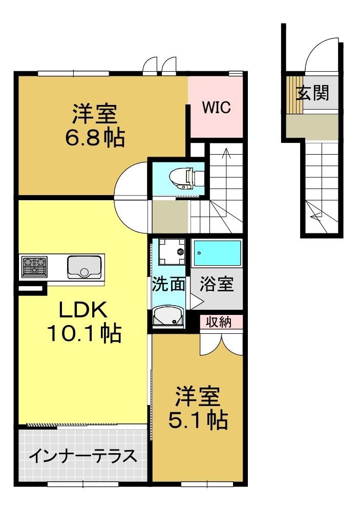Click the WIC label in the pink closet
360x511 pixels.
point(216,107)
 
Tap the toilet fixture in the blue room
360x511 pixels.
point(186,178)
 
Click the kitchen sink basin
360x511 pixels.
point(84,267)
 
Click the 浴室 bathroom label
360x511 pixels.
point(217,284)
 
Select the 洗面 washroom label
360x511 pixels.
point(169,284)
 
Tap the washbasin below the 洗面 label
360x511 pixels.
point(168,315)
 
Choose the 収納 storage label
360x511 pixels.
point(219,322)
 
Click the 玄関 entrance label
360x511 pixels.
point(312,93)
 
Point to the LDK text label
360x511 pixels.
point(83,310)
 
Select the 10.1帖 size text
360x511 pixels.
point(84,333)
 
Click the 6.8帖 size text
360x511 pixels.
point(95,138)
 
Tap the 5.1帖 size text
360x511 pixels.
point(198,420)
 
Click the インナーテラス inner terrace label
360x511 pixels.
point(83,456)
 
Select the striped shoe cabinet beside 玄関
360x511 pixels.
point(294,95)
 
